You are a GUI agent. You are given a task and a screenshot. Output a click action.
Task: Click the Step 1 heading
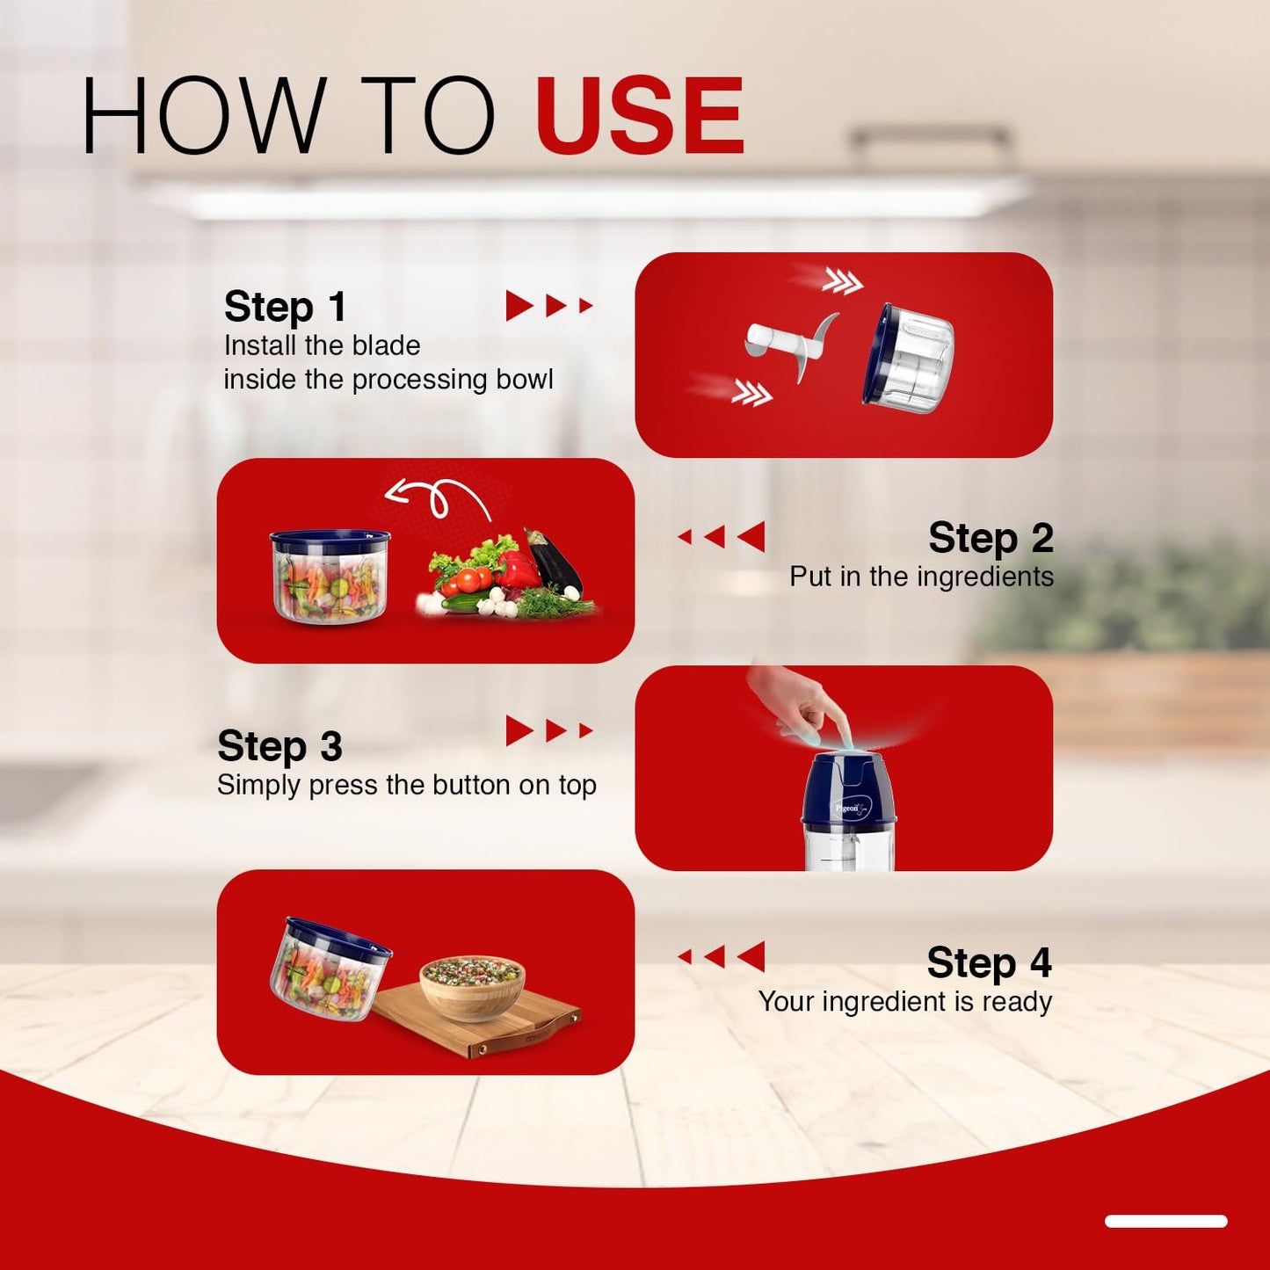coord(285,307)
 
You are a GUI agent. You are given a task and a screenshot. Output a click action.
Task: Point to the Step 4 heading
coord(989,962)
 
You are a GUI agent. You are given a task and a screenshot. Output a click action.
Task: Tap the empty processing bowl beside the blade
coord(908,359)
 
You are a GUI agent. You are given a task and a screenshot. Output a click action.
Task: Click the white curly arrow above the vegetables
coord(437,499)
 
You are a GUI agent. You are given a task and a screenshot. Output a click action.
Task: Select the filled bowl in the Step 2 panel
coord(330,576)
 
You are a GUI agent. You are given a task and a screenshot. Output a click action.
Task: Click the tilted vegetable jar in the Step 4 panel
coord(330,968)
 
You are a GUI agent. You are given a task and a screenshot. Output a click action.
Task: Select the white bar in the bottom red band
coord(1166,1222)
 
